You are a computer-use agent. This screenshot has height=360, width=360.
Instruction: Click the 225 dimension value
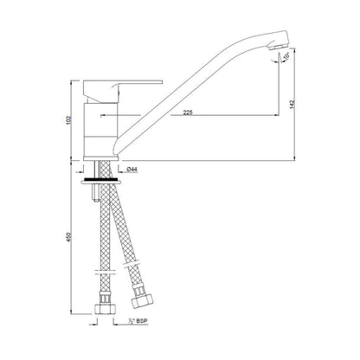(x=188, y=112)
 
